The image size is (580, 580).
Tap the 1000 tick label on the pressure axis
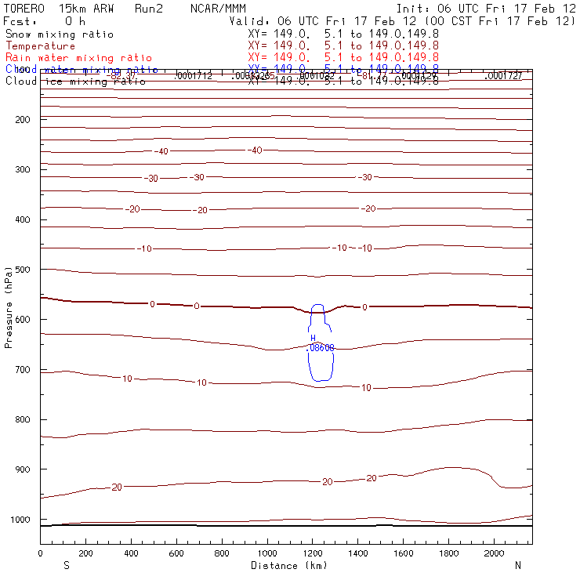[x=20, y=520]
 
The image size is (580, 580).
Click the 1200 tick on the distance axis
[x=312, y=553]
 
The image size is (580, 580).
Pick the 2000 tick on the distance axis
[x=494, y=553]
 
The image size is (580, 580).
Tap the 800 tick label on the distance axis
[x=221, y=553]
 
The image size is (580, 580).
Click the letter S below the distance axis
[x=65, y=565]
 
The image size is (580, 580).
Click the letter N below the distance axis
[x=518, y=565]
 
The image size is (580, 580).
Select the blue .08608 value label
[x=320, y=347]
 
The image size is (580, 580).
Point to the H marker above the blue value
[x=313, y=338]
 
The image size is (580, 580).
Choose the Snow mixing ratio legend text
[x=60, y=34]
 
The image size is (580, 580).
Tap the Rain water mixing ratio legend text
[x=78, y=58]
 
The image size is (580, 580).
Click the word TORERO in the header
[x=24, y=8]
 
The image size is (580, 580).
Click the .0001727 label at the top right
[x=503, y=76]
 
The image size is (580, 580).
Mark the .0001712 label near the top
[x=193, y=76]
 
